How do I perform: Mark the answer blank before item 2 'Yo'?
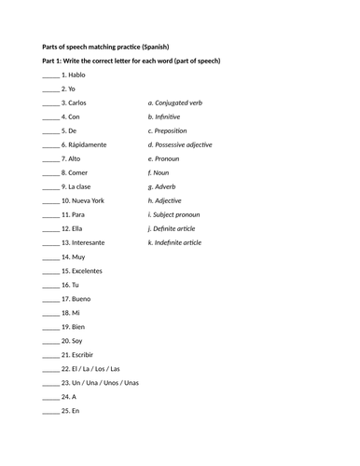click(50, 89)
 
